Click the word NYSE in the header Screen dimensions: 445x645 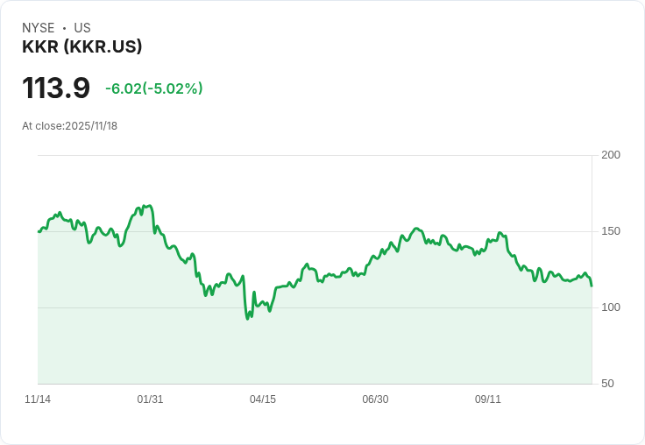point(38,28)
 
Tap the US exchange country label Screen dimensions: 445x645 point(82,28)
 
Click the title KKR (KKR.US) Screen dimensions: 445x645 point(82,46)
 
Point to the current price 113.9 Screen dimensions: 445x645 point(56,88)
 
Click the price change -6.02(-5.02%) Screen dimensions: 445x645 point(154,88)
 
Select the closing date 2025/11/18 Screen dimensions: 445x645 point(91,126)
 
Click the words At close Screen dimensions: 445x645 point(42,126)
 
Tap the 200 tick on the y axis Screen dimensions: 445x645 point(611,155)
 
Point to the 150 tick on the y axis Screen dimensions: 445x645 point(611,231)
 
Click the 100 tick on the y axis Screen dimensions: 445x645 point(611,307)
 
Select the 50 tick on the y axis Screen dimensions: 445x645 point(607,384)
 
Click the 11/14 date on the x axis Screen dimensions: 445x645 point(38,399)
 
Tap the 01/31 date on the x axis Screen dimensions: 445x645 point(150,399)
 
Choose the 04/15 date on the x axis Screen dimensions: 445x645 point(263,399)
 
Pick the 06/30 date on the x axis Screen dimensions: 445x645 point(375,399)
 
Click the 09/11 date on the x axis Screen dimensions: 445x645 point(488,399)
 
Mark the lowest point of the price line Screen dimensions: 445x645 point(247,318)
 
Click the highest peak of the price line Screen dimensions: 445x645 point(150,206)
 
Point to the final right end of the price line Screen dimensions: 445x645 point(592,286)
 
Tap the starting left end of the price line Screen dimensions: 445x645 point(39,231)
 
